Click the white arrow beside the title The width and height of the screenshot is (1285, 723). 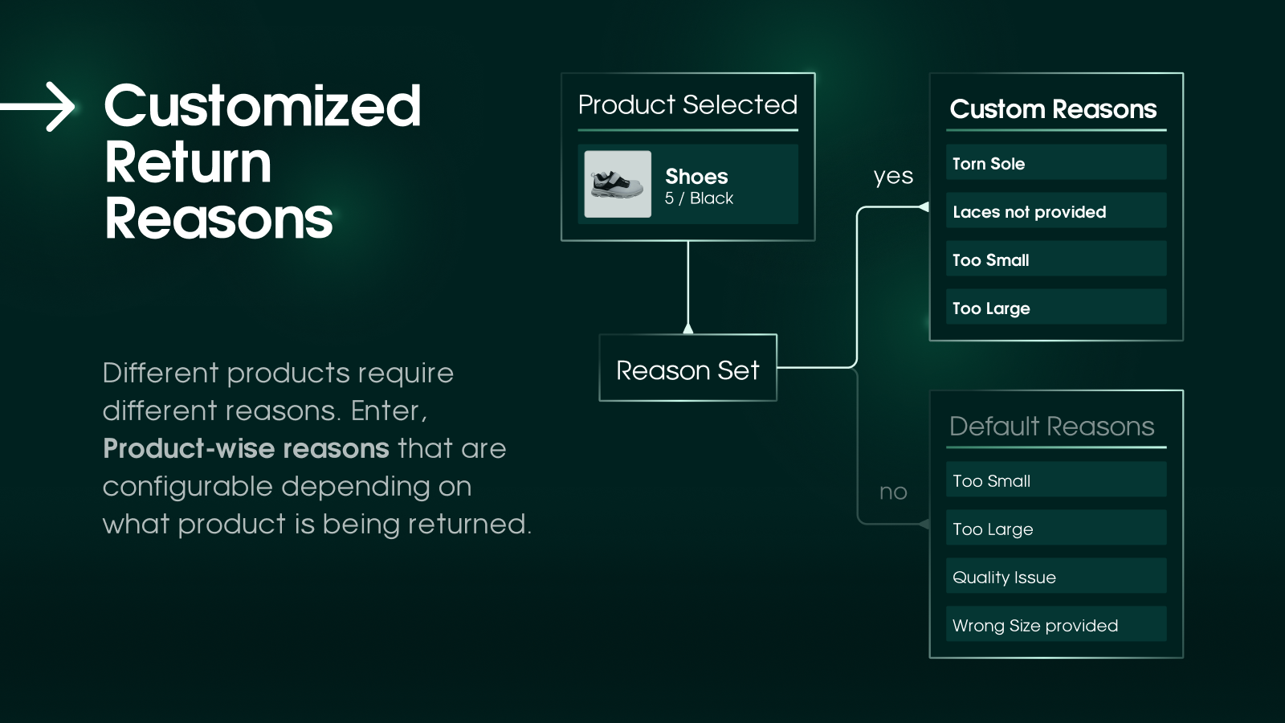tap(37, 107)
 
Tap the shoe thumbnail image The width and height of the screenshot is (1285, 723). tap(618, 184)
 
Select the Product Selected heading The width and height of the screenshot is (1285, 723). tap(687, 105)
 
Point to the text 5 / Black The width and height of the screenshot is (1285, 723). tap(699, 198)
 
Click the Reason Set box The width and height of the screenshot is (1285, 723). tap(687, 368)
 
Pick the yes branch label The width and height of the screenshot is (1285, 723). tap(893, 176)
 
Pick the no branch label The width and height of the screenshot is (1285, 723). tap(893, 492)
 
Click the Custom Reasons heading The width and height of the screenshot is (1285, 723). tap(1053, 109)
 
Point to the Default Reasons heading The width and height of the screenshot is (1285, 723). tap(1052, 427)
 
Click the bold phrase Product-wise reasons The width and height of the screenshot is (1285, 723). tap(246, 449)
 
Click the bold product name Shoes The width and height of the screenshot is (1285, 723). tap(696, 177)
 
